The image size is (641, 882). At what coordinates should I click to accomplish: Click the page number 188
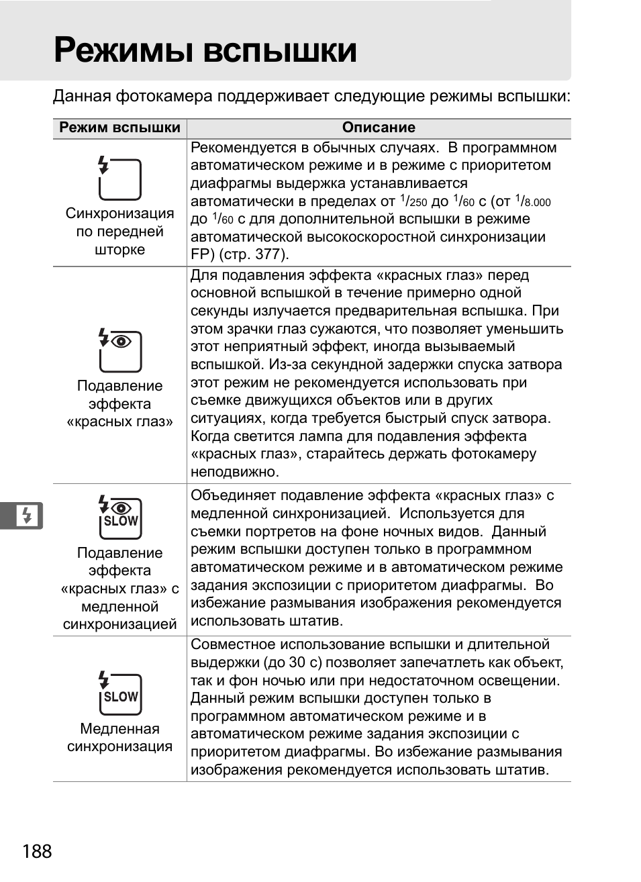[x=37, y=851]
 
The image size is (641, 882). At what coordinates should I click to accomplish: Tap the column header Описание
[x=379, y=128]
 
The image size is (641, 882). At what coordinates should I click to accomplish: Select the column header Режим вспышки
[x=119, y=128]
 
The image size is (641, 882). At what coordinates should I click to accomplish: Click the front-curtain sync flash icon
[x=119, y=179]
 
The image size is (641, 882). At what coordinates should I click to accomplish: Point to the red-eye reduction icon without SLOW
[x=119, y=350]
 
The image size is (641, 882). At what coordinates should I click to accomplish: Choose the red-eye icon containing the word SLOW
[x=119, y=518]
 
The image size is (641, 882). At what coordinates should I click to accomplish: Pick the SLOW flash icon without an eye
[x=119, y=693]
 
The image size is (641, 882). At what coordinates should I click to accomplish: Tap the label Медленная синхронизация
[x=119, y=738]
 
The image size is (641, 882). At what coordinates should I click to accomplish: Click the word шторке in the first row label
[x=119, y=250]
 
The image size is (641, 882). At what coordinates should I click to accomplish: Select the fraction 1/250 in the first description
[x=413, y=201]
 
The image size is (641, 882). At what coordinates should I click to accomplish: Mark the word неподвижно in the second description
[x=234, y=472]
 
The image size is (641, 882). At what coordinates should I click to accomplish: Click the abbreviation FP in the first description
[x=199, y=254]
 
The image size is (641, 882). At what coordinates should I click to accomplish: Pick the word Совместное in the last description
[x=233, y=644]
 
